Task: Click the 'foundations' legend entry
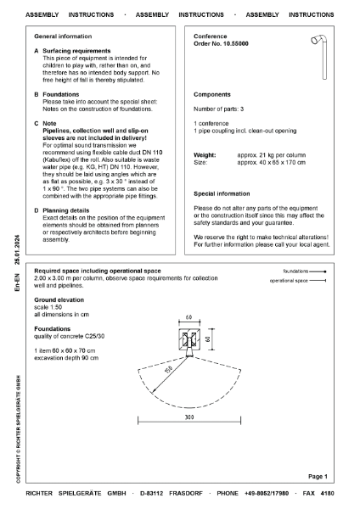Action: click(309, 271)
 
